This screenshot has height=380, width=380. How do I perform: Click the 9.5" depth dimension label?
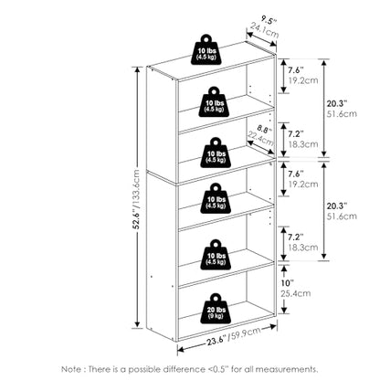[269, 20]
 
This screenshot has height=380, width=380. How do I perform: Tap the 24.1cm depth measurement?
[265, 30]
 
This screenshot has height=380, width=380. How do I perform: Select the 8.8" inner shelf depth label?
[263, 129]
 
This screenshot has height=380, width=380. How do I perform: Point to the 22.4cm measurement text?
[260, 139]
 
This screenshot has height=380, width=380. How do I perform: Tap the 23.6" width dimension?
[216, 340]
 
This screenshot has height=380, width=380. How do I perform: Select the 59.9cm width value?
[245, 333]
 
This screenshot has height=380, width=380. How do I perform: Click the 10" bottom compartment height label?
[287, 283]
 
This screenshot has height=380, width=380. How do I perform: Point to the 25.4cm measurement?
[296, 293]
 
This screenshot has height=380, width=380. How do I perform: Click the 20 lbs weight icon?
[216, 309]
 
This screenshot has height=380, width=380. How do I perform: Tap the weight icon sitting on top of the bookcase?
[206, 49]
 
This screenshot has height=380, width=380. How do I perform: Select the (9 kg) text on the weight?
[216, 316]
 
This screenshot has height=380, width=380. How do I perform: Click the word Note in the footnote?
[71, 369]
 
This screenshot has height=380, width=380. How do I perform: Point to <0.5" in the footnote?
[218, 369]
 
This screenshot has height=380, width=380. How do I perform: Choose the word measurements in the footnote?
[286, 369]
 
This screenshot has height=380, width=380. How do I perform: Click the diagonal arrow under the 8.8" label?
[261, 147]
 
